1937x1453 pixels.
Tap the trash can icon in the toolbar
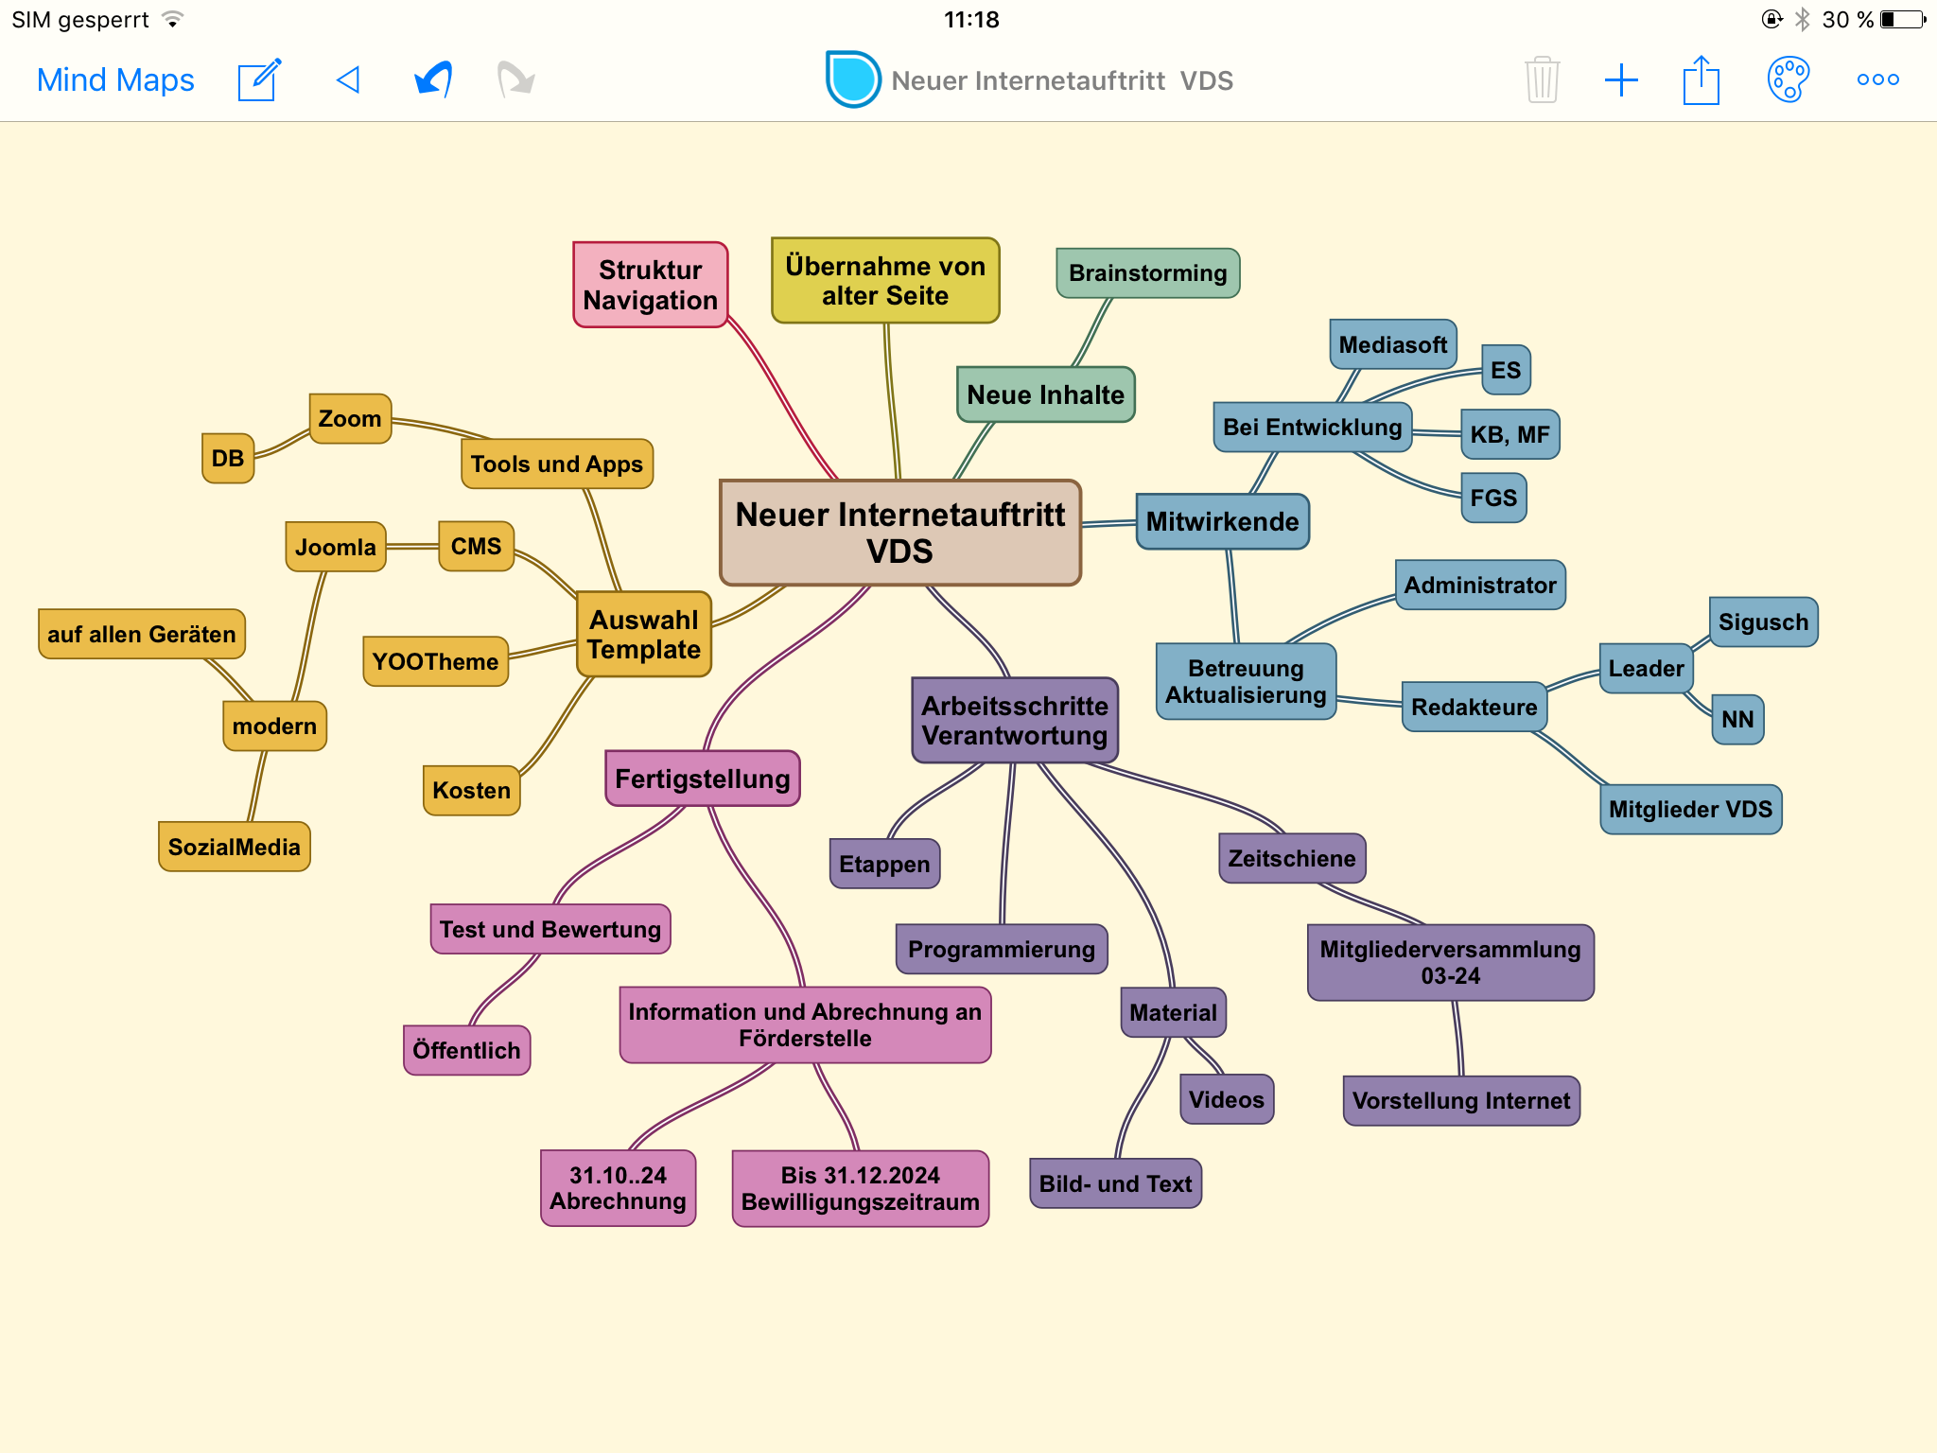pos(1542,80)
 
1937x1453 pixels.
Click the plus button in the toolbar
pos(1621,80)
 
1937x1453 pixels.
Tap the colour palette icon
pos(1788,80)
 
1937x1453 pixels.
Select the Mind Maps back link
pos(115,80)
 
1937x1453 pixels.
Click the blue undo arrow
pos(434,80)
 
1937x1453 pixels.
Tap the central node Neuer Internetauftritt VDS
pos(899,533)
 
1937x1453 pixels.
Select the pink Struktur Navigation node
pos(651,285)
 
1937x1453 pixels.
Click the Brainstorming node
pos(1147,273)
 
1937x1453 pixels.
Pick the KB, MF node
pos(1509,434)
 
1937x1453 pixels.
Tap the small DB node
pos(228,459)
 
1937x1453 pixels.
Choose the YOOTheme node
pos(435,661)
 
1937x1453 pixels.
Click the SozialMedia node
pos(234,847)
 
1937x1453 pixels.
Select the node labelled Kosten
pos(471,790)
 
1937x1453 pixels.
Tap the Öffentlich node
pos(466,1050)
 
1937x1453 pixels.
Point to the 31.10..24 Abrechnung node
pos(618,1188)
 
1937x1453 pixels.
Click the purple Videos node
pos(1226,1099)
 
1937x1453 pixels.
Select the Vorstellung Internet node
pos(1460,1101)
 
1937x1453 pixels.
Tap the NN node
pos(1737,720)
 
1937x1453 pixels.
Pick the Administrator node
pos(1479,586)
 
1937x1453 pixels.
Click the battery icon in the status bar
pos(1902,20)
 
